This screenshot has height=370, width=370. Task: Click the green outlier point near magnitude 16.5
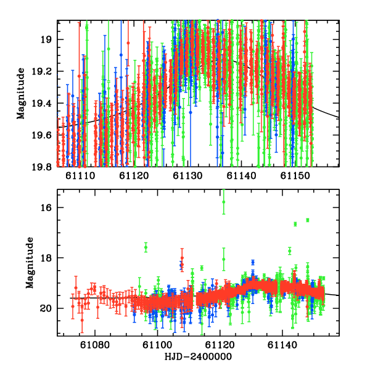click(x=307, y=220)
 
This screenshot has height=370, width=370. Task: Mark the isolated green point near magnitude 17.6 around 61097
click(x=146, y=247)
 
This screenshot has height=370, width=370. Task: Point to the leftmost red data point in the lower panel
click(x=73, y=305)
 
